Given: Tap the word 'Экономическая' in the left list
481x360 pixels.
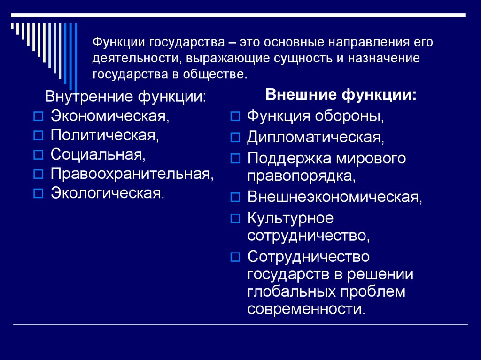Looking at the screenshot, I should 109,115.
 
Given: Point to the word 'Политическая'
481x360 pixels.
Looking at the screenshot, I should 104,135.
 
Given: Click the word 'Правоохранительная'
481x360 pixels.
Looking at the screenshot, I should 131,174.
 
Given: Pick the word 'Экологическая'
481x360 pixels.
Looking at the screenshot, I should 107,193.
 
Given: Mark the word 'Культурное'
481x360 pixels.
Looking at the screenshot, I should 290,218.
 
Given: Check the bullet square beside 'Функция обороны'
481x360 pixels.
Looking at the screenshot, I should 236,116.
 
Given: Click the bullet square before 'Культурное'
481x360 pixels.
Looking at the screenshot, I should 236,219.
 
